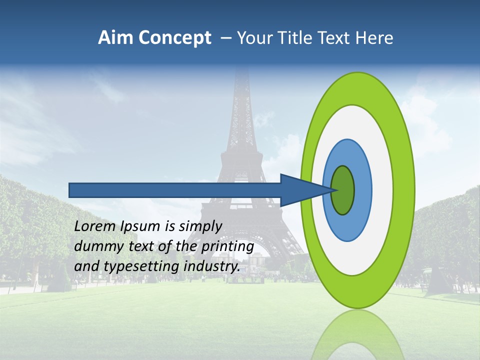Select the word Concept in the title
coord(174,38)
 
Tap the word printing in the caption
coord(227,247)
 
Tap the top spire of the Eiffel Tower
coord(242,75)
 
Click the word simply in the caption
coord(200,227)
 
